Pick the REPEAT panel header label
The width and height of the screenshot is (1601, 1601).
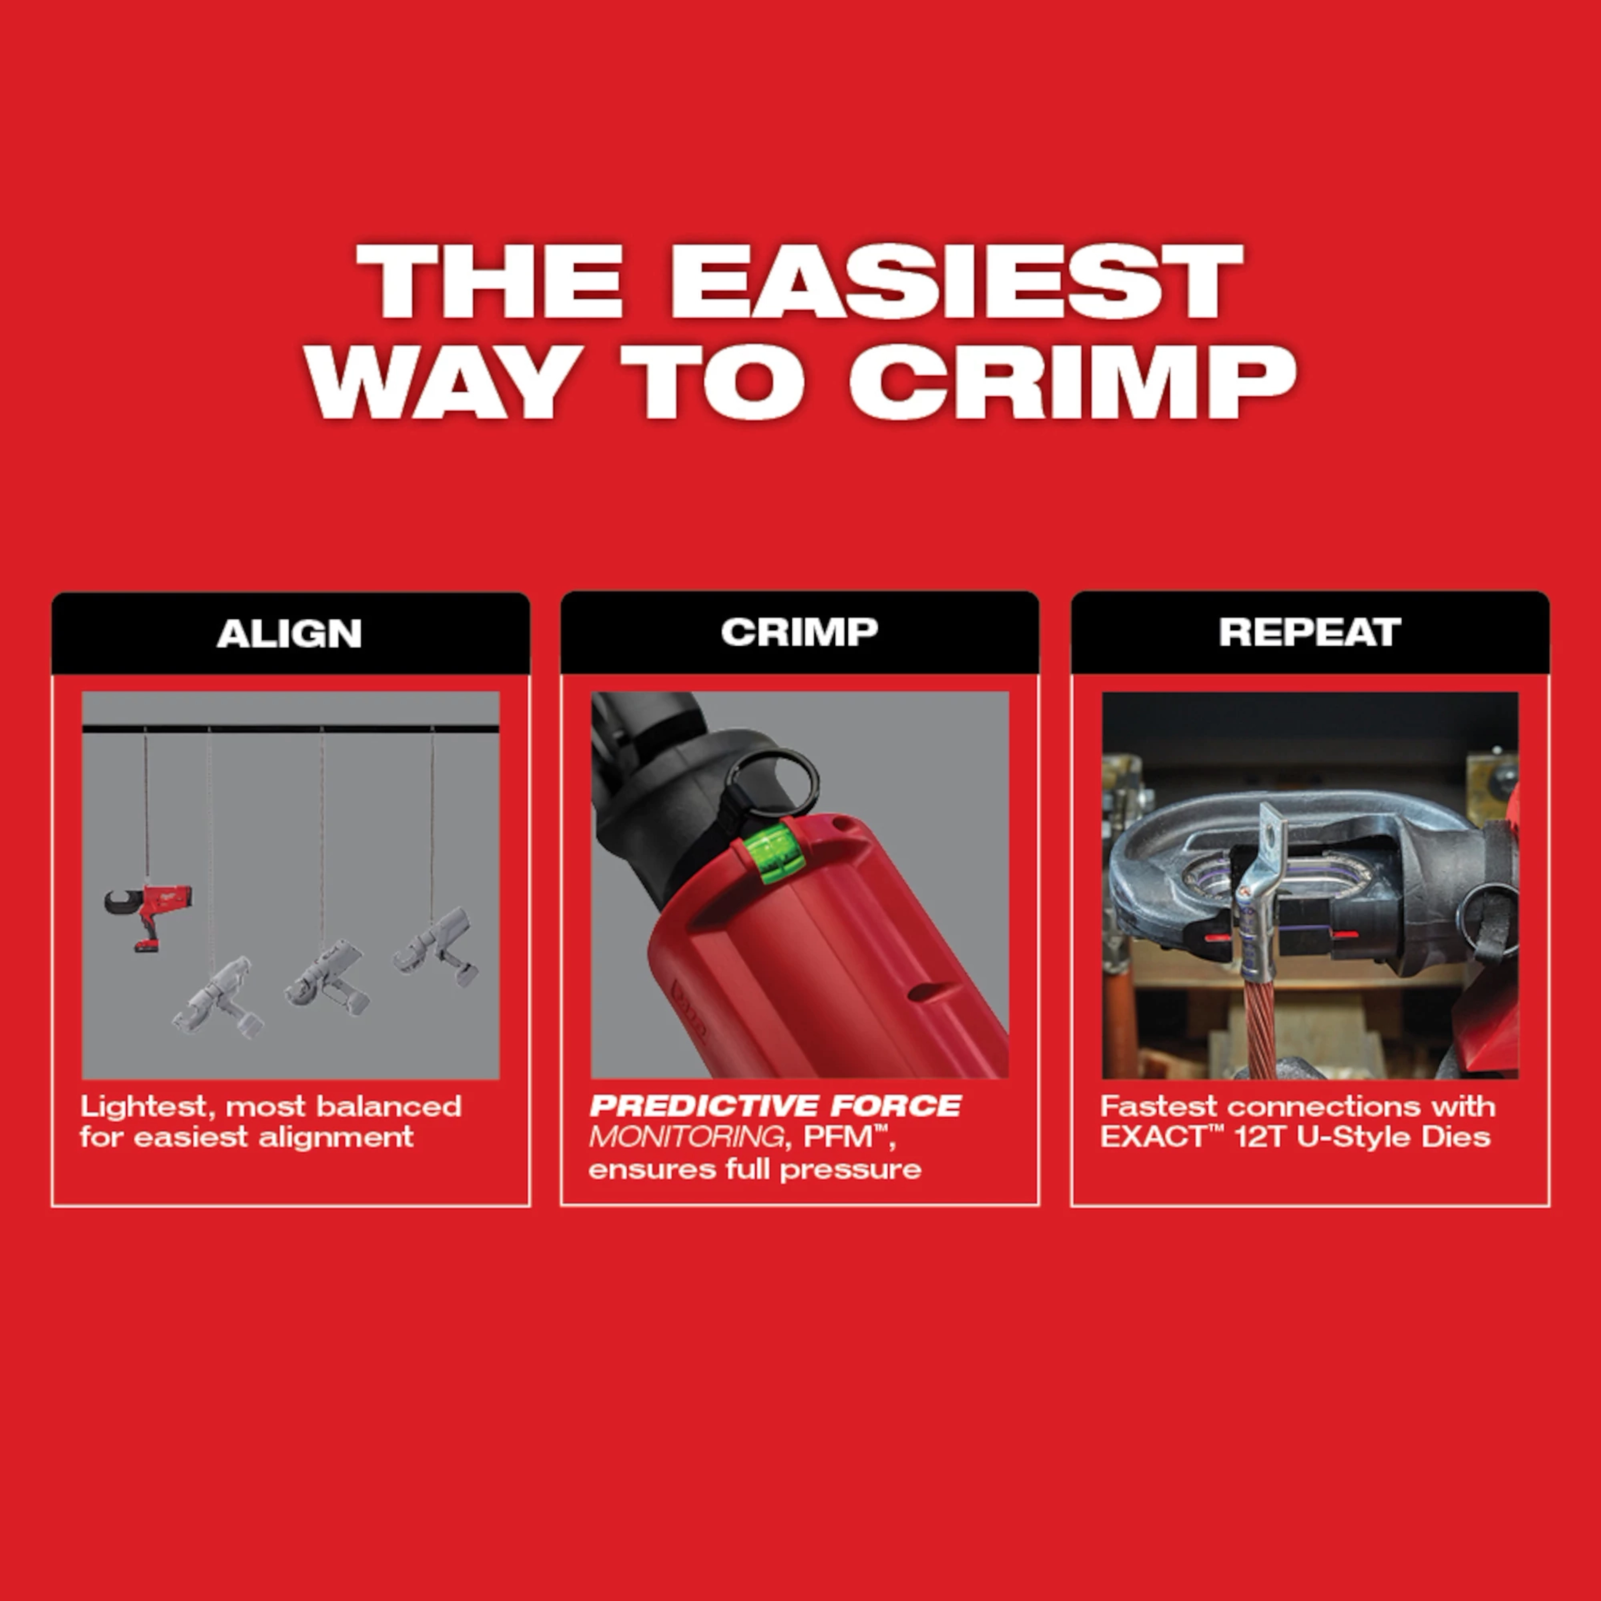(1309, 632)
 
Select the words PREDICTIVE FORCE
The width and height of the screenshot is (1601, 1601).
(775, 1106)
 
